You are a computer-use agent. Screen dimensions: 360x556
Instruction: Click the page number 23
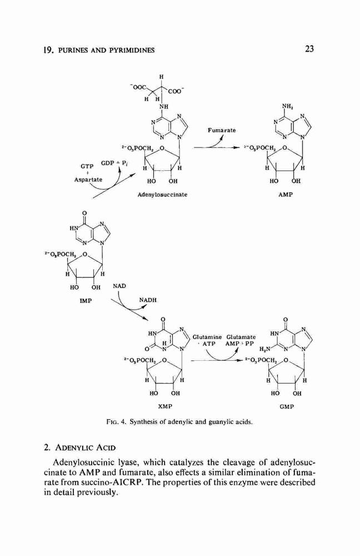(309, 49)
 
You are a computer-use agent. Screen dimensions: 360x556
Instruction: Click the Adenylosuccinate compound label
(162, 195)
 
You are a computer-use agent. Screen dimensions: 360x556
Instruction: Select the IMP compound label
(86, 301)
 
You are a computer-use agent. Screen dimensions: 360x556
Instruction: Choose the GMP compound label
(287, 407)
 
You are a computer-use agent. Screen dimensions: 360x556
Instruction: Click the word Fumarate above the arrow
(222, 131)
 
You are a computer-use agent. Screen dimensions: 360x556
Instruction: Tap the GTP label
(87, 166)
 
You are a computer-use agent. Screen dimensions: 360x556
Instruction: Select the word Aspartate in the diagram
(88, 180)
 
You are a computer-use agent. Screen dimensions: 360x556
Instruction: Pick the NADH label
(148, 300)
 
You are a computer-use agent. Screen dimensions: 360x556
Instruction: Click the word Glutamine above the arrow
(207, 337)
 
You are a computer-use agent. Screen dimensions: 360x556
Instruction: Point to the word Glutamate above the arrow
(241, 337)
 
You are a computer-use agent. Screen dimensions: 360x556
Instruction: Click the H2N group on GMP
(266, 349)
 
